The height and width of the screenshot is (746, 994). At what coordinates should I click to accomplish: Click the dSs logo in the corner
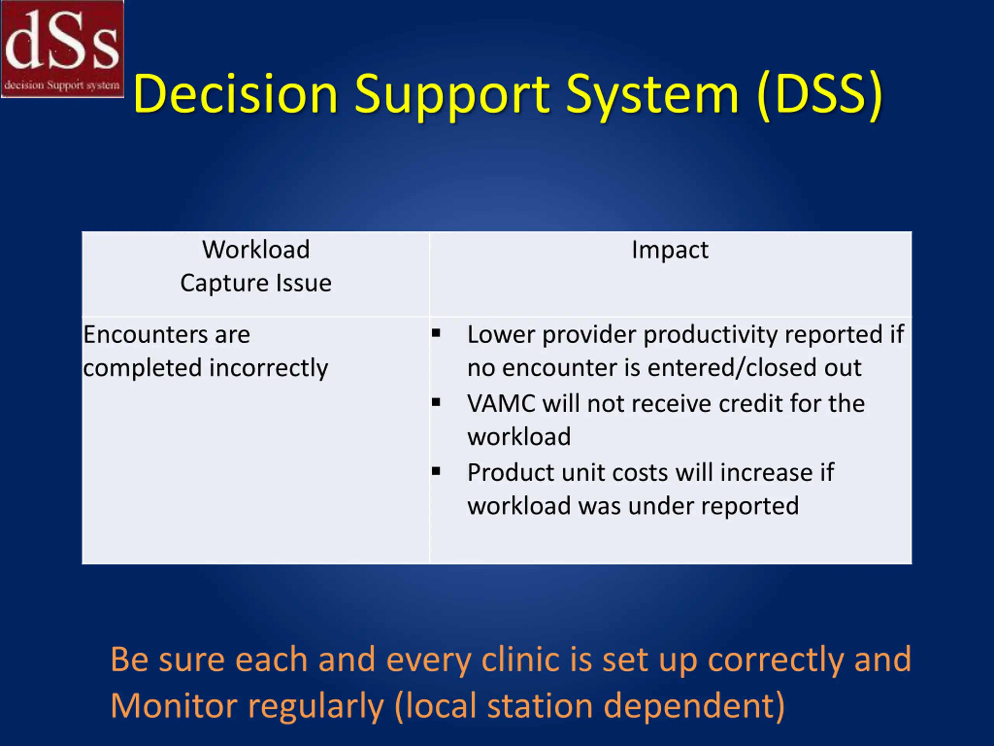[x=63, y=49]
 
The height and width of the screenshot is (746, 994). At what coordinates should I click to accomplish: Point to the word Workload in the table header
[x=256, y=249]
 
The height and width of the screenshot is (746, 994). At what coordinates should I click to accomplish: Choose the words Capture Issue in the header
[x=256, y=283]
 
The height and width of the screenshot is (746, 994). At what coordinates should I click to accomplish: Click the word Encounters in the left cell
[x=146, y=335]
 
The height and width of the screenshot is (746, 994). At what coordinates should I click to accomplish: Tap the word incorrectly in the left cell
[x=269, y=368]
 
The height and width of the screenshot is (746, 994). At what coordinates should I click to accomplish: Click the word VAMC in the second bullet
[x=501, y=403]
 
